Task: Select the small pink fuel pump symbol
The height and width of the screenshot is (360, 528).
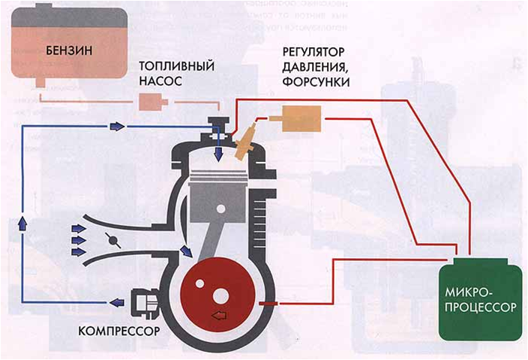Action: click(154, 101)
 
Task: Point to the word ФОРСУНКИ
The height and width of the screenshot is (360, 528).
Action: click(314, 80)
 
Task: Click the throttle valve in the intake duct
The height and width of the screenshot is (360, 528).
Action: click(112, 241)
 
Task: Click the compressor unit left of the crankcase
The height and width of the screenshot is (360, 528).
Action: click(145, 302)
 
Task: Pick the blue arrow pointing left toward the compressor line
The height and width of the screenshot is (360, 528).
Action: click(116, 302)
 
